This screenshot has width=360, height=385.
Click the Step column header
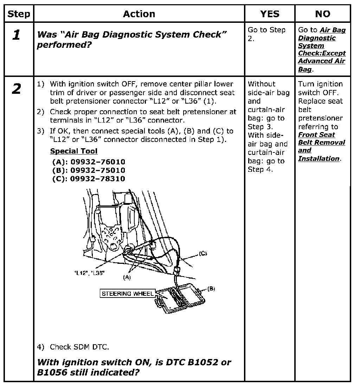(19, 14)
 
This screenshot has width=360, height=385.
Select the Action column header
(139, 14)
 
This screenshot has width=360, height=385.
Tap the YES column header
(270, 14)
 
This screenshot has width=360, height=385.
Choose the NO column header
(322, 14)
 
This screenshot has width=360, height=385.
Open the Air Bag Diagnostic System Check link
(322, 50)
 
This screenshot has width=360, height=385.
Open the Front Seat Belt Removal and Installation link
(321, 146)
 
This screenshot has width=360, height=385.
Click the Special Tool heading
(74, 151)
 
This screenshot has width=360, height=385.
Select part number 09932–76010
(98, 162)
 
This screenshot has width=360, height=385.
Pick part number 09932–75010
(98, 171)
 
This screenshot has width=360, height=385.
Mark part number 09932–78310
(98, 179)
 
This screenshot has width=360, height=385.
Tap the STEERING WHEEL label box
(128, 294)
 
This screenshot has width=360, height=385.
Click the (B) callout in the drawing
(211, 289)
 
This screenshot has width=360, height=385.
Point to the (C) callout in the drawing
(202, 253)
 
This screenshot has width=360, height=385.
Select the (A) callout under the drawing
(127, 277)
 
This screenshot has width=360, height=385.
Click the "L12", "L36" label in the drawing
(89, 273)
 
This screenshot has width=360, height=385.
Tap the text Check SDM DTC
(79, 347)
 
